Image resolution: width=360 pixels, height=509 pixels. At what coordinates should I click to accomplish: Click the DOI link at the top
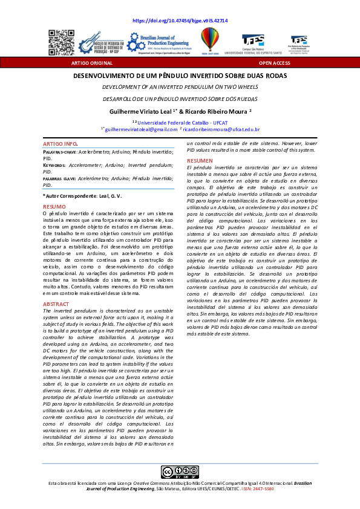pos(180,21)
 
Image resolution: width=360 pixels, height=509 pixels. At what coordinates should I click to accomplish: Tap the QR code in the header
pos(61,42)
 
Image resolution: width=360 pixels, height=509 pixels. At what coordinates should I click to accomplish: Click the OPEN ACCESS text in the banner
pos(274,62)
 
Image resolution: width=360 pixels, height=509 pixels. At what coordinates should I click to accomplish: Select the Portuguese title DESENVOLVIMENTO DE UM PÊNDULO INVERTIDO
pos(180,77)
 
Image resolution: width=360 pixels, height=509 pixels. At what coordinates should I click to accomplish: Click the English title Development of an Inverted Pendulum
pos(180,87)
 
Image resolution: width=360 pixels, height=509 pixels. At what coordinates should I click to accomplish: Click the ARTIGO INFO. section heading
pos(60,144)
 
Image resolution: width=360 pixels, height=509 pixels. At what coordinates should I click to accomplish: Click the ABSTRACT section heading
pos(56,303)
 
